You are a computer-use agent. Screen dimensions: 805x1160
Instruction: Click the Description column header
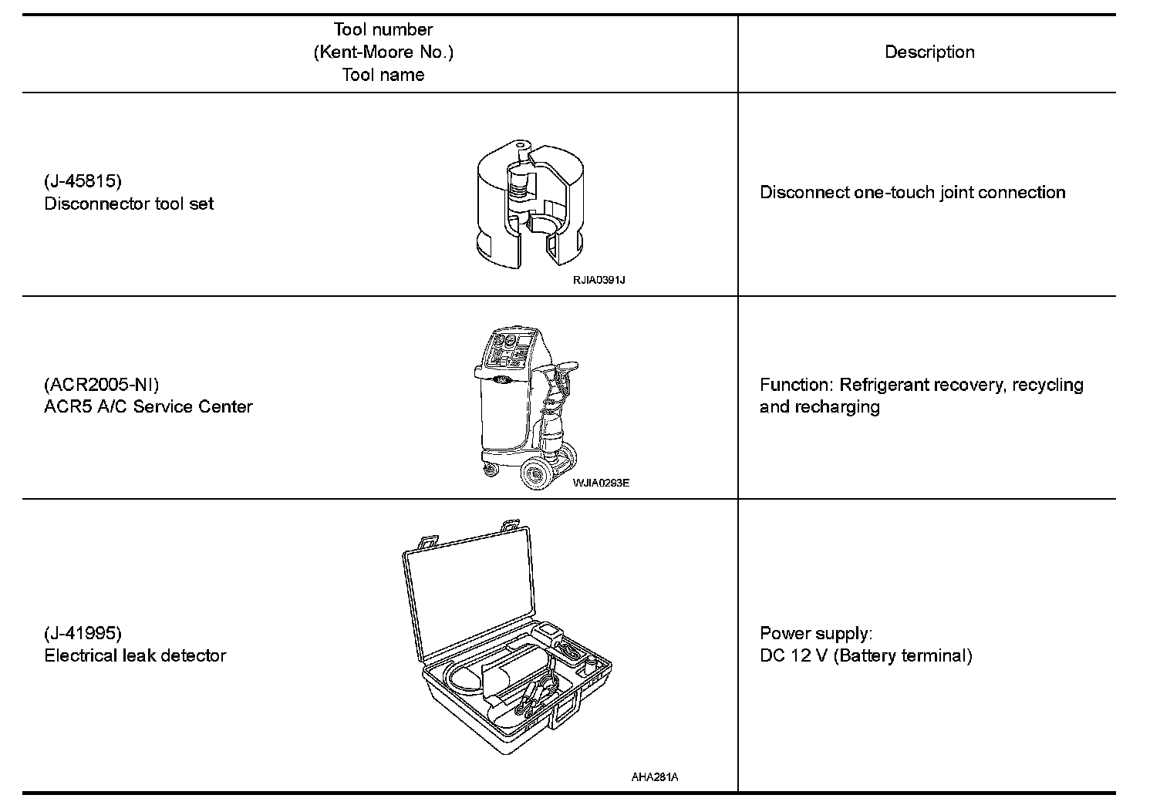[x=929, y=52]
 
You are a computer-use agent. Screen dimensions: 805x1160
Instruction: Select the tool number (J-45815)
[x=83, y=181]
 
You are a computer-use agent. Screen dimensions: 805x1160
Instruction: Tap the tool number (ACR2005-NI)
[x=102, y=384]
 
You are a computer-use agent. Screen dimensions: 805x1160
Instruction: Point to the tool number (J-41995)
[x=83, y=633]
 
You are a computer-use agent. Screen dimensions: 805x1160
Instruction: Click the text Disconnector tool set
[x=129, y=204]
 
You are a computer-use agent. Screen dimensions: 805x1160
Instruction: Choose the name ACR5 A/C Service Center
[x=148, y=406]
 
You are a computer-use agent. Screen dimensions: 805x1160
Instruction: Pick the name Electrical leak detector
[x=135, y=655]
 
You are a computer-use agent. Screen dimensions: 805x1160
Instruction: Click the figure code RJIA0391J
[x=599, y=280]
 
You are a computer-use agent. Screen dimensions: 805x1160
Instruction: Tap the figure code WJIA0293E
[x=601, y=483]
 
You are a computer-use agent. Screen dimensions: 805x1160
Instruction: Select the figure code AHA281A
[x=655, y=777]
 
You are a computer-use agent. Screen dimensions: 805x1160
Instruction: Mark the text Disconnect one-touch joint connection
[x=912, y=192]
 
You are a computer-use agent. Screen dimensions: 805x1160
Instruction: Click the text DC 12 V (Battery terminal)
[x=865, y=655]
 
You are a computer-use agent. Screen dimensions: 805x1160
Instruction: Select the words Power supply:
[x=816, y=633]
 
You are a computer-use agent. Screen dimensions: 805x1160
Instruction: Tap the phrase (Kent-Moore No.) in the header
[x=383, y=52]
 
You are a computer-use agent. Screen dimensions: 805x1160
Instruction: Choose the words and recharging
[x=819, y=406]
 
